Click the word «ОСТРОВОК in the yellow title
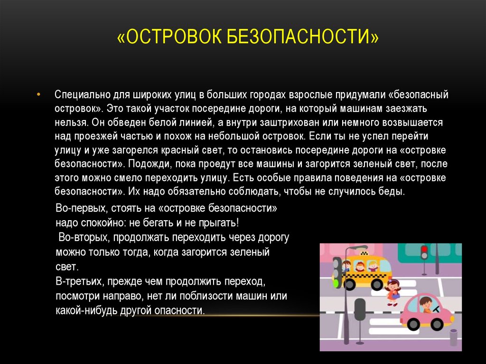pos(169,36)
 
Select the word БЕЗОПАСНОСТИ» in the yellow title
pos(303,36)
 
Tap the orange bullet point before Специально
pos(38,94)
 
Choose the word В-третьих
pos(80,281)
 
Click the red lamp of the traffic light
pos(424,249)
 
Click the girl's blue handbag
pos(395,296)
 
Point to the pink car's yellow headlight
pos(452,319)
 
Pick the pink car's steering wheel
pos(436,309)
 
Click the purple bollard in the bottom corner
pos(453,338)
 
